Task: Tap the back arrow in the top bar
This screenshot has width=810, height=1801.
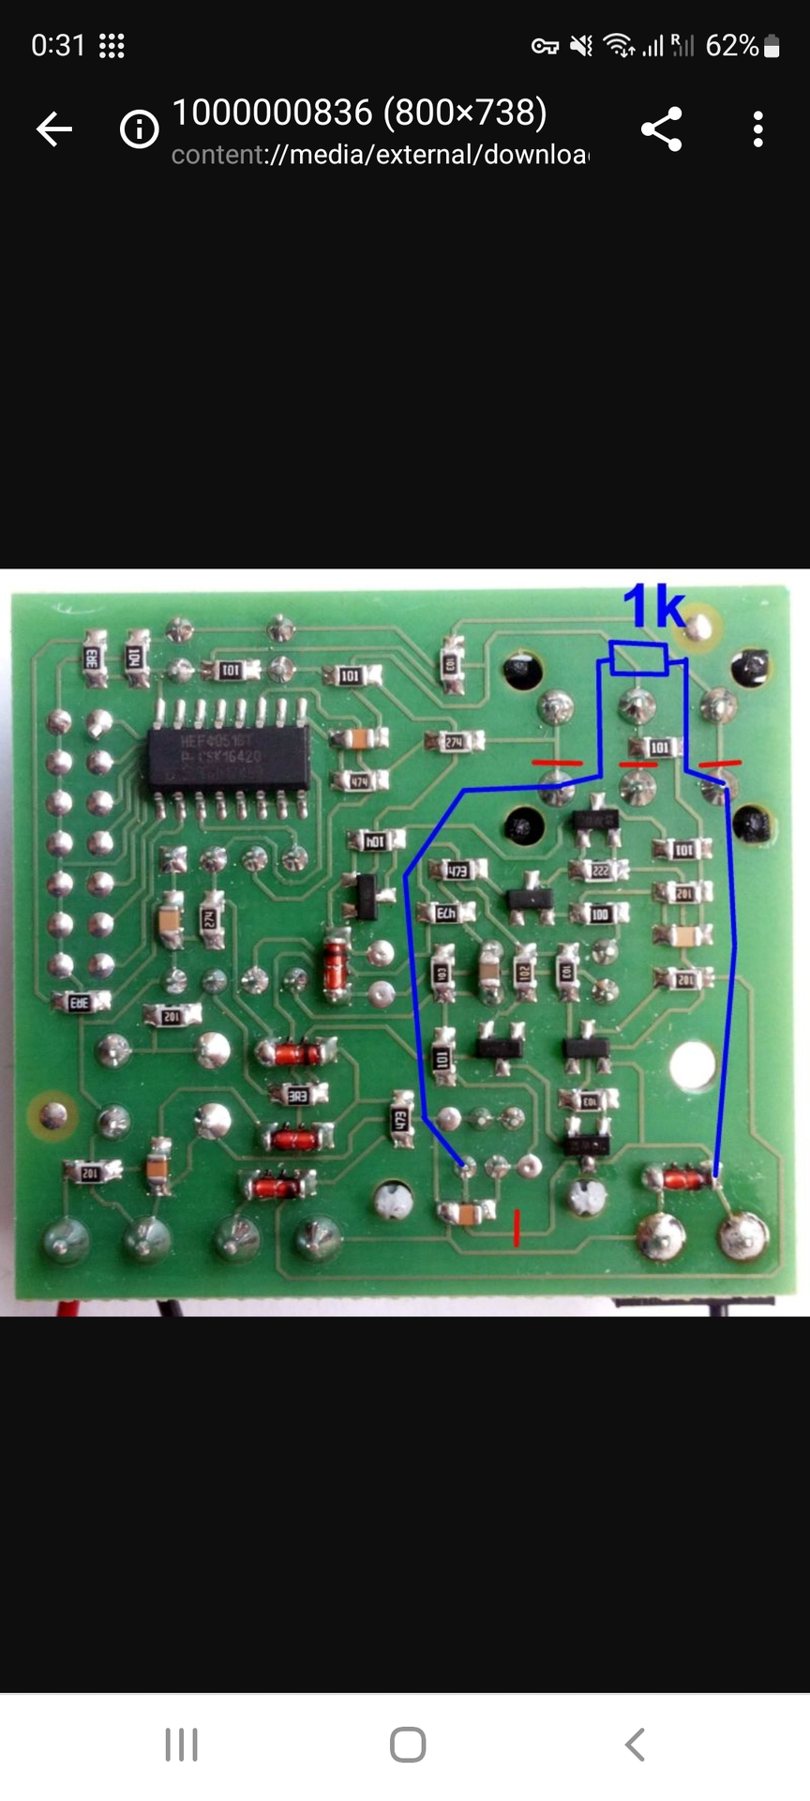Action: coord(54,129)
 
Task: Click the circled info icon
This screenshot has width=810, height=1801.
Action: coord(140,129)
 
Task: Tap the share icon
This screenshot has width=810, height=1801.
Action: coord(662,129)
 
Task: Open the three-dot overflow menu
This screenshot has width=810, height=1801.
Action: coord(758,129)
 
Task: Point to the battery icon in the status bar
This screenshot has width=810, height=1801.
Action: coord(772,46)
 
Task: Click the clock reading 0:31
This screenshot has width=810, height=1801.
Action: coord(58,46)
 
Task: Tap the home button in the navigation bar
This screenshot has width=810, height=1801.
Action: coord(408,1744)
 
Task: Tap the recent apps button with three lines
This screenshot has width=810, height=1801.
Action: coord(182,1744)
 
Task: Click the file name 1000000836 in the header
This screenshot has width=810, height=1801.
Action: coord(272,113)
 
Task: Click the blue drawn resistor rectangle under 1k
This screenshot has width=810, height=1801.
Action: coord(638,658)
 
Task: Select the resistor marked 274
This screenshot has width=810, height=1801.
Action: coord(455,742)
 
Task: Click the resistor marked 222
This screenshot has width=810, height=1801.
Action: coord(600,870)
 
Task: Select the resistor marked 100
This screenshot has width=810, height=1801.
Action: coord(600,914)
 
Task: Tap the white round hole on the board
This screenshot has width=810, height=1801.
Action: coord(693,1064)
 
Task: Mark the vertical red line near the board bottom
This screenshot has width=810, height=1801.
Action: coord(517,1227)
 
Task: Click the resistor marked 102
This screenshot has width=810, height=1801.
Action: coord(524,973)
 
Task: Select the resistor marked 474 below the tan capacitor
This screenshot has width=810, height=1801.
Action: coord(360,780)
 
